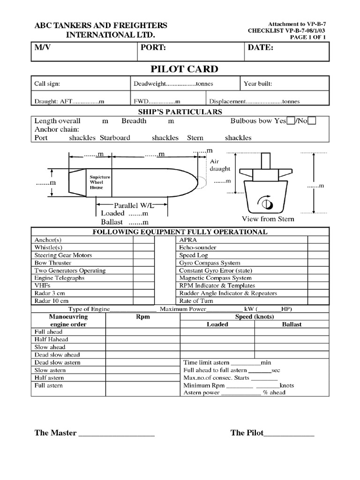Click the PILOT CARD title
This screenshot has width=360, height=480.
184,69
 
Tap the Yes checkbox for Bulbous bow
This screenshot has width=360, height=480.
291,121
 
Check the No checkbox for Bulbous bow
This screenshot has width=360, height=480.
312,121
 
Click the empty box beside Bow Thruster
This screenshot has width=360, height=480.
143,263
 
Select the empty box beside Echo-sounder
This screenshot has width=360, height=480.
318,247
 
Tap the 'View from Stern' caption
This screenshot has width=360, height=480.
268,219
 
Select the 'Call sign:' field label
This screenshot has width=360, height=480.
47,84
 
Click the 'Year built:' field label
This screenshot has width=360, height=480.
258,84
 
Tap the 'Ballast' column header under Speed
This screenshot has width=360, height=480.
292,324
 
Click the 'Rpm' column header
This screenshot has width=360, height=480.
142,317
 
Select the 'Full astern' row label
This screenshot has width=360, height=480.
49,385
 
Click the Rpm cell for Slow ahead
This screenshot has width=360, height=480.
142,347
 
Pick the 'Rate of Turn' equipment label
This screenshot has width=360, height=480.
196,301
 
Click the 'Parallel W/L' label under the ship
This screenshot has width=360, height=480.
134,205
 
